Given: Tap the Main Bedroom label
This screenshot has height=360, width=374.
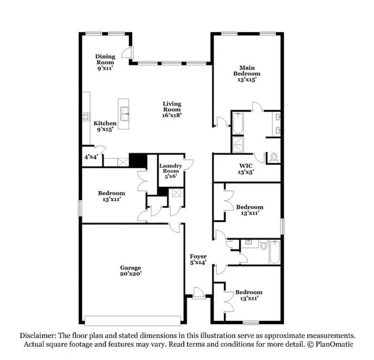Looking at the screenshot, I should pos(246,73).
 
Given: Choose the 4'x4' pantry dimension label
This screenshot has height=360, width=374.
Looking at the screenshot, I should pos(90,157).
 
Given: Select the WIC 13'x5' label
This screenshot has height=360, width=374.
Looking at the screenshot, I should pos(246,169).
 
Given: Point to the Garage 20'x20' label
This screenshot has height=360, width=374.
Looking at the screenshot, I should pos(131,271).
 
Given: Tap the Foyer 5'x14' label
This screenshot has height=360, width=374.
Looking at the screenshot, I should pos(199,259).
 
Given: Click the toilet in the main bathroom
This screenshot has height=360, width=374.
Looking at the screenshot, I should pos(274,156).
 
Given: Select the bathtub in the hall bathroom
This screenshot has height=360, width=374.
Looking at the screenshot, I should pos(274,252).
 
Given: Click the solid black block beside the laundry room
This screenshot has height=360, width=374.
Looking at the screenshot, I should pos(137,160).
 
